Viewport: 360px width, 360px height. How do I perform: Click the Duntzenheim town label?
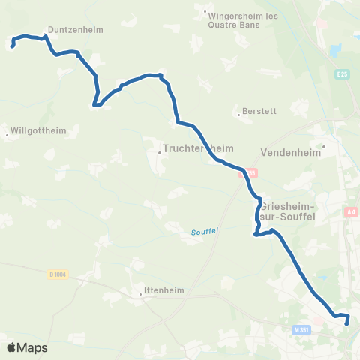click(75, 31)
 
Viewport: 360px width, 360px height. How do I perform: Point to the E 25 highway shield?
click(343, 74)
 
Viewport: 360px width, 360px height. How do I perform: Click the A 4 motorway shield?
click(351, 213)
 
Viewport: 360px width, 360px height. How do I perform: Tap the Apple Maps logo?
click(27, 347)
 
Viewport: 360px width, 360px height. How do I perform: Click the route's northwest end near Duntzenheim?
click(13, 46)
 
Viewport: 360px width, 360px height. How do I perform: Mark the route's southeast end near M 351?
click(347, 323)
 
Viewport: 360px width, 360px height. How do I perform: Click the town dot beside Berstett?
click(239, 115)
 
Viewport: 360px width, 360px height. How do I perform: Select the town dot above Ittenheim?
click(141, 295)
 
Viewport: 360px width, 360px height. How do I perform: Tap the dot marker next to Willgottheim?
click(7, 136)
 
